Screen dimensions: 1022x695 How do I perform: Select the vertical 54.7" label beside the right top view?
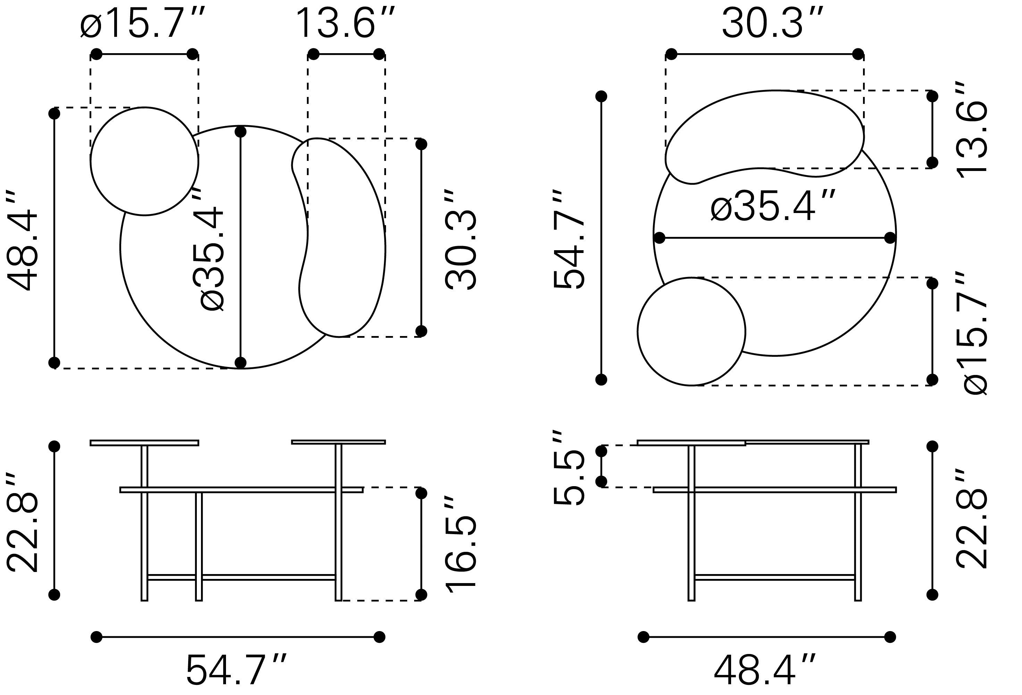(569, 239)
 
